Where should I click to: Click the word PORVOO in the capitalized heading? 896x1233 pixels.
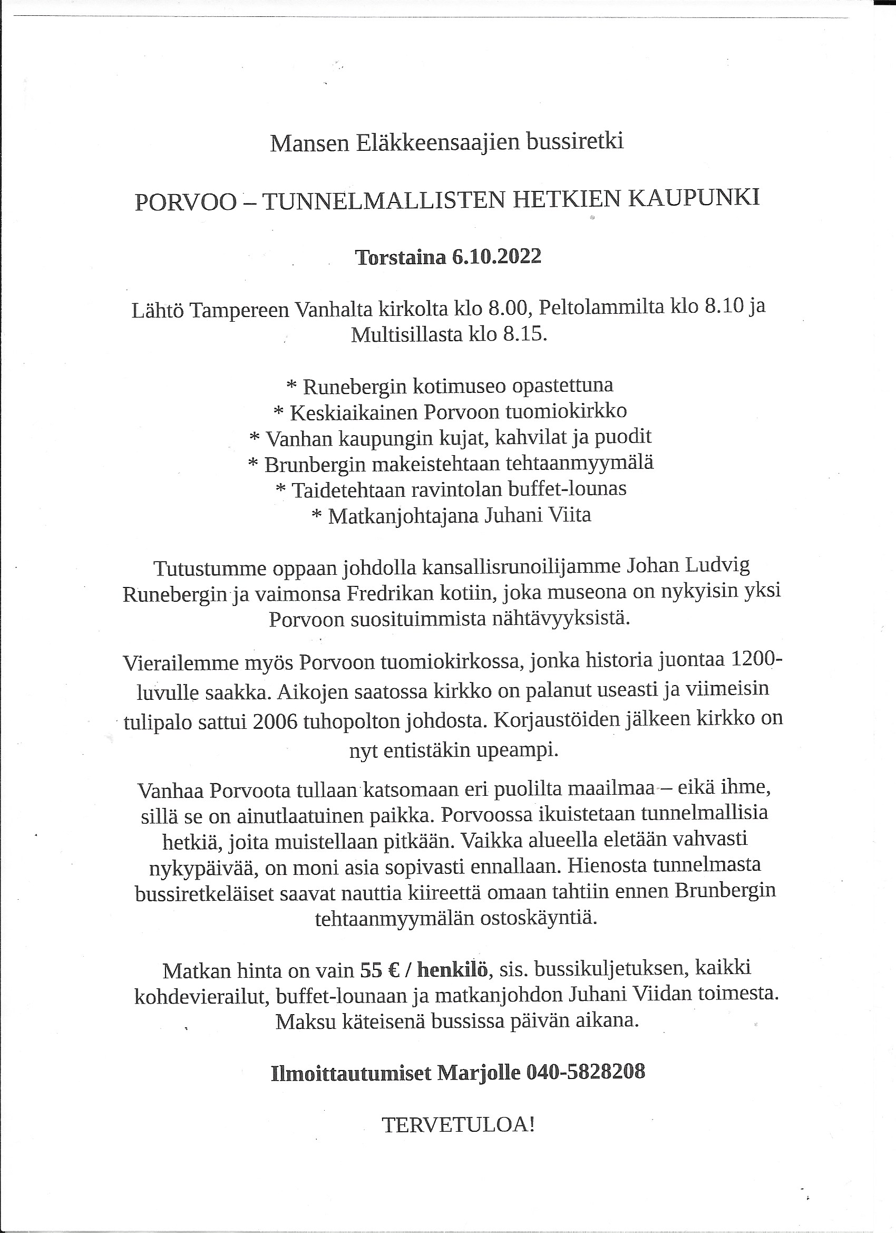pos(186,201)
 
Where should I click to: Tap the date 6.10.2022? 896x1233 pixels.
pos(496,257)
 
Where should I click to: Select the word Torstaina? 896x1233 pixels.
pos(401,257)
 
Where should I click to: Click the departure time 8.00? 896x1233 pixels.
pos(508,308)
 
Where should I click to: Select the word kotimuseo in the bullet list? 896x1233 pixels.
pos(460,386)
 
